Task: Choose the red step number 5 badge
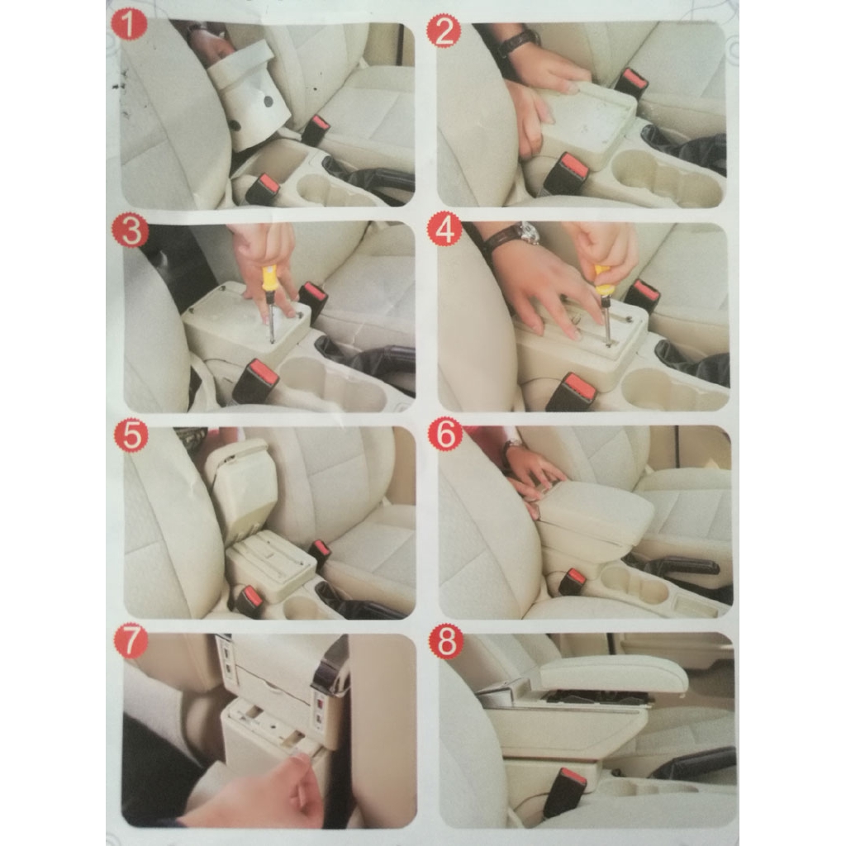point(131,435)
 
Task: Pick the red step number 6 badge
point(445,435)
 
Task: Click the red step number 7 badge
point(131,642)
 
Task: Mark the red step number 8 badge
point(445,643)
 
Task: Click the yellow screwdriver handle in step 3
point(269,278)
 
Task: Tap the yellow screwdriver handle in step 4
point(602,279)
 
